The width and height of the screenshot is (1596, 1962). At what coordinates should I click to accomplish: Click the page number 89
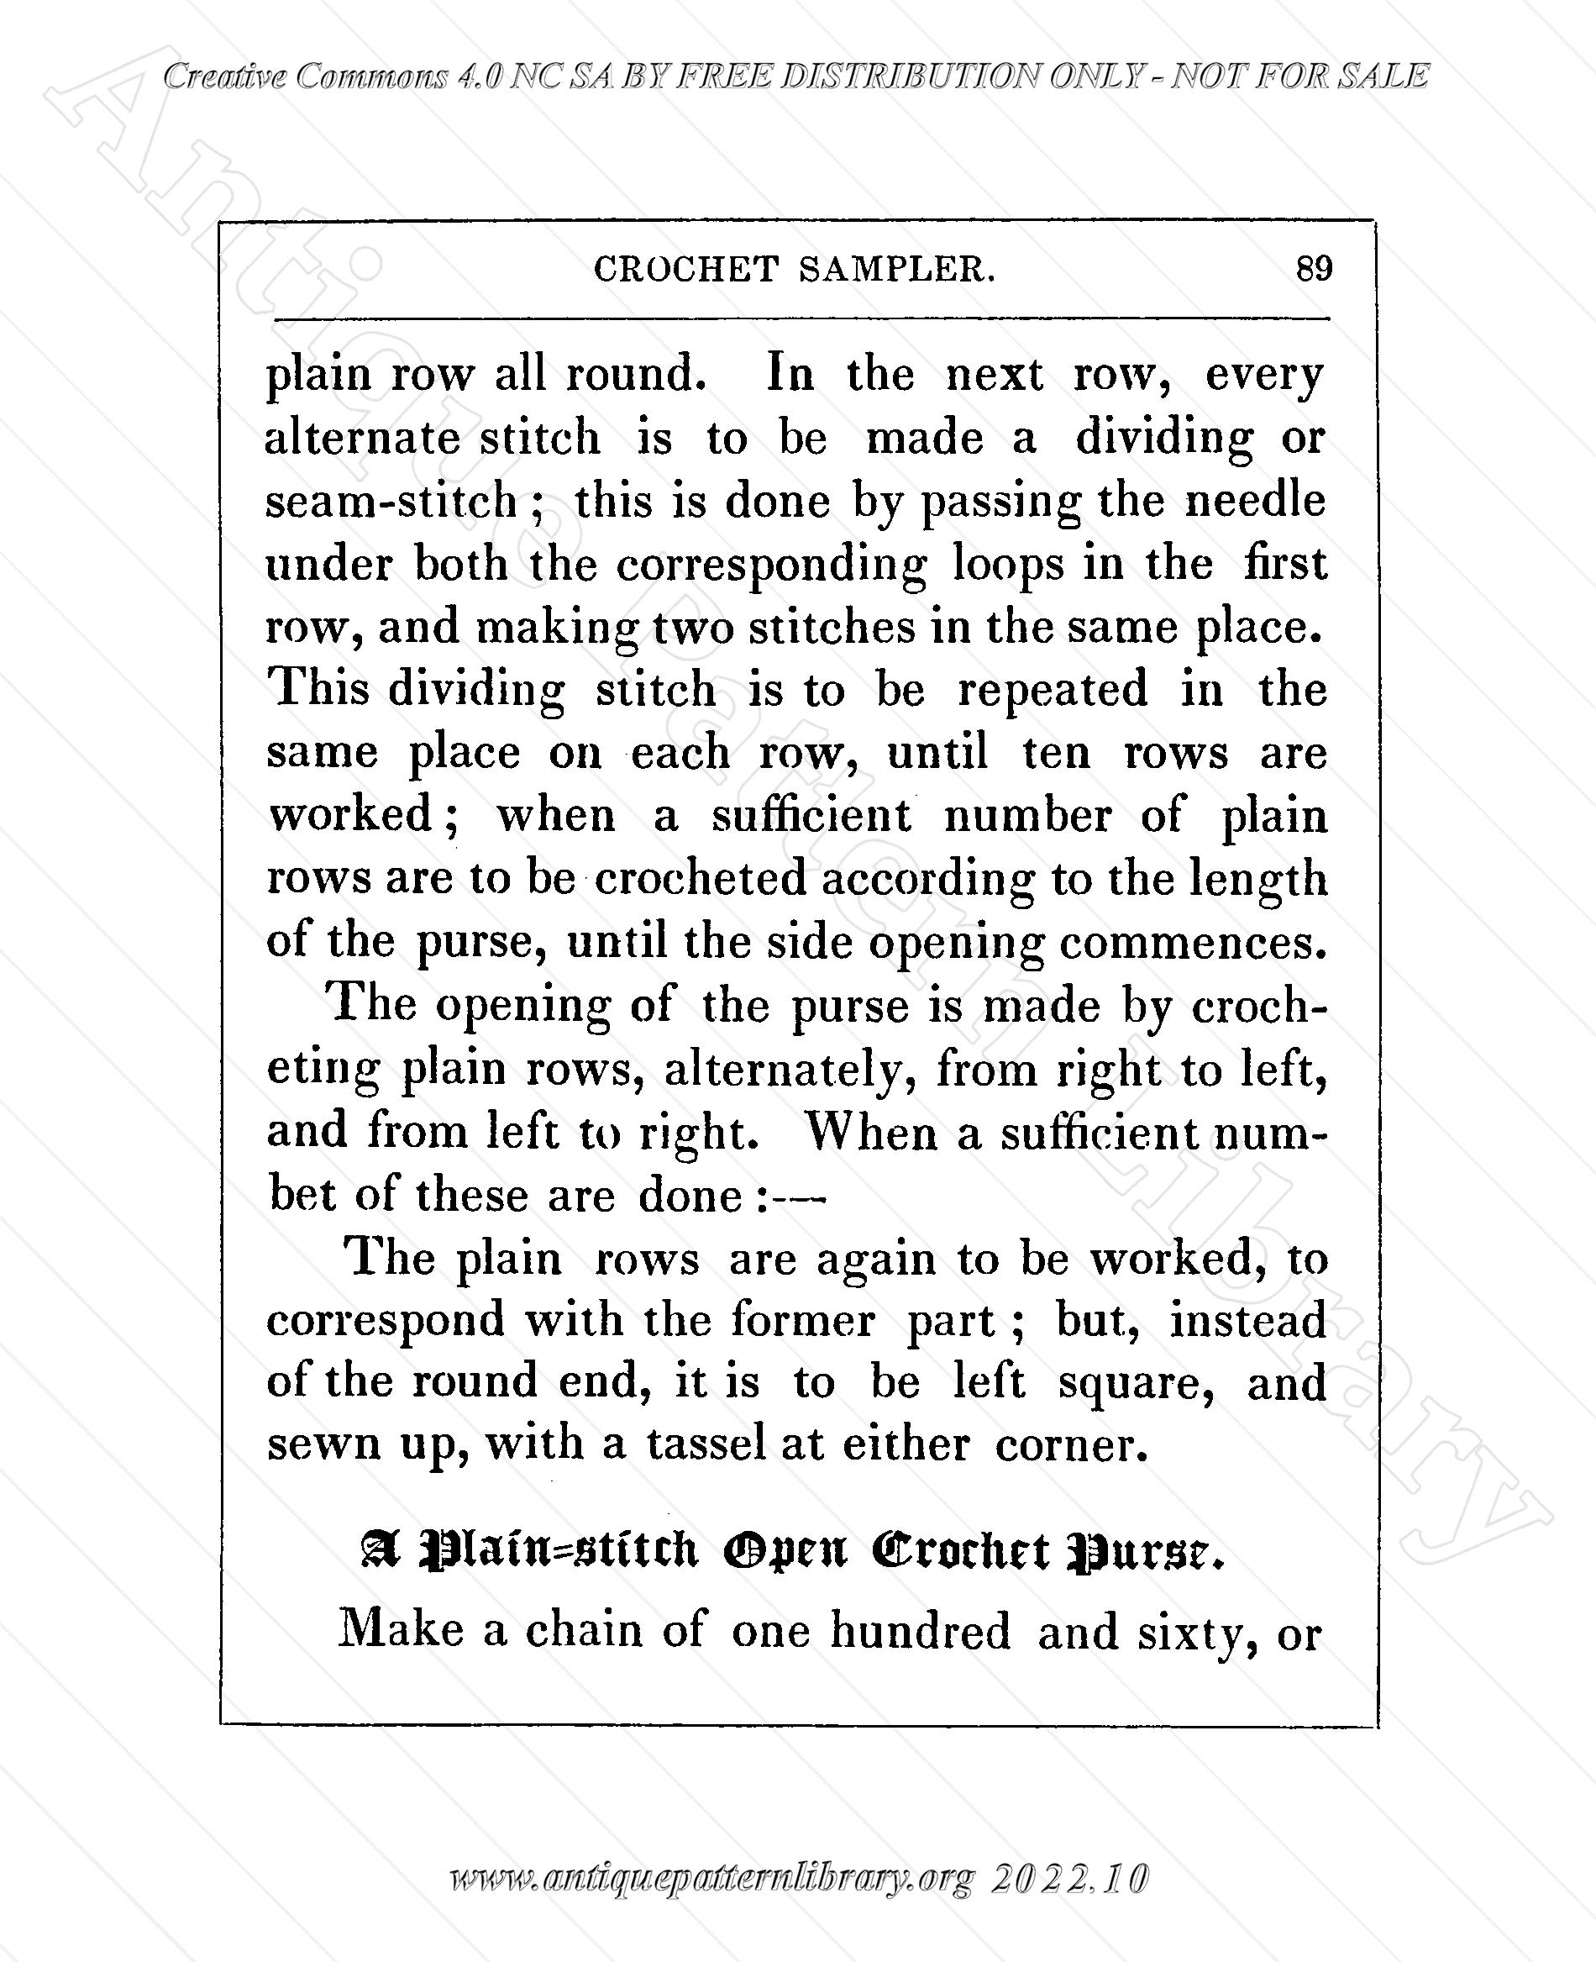(x=1314, y=269)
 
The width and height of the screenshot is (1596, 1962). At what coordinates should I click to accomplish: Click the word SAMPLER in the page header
(x=896, y=270)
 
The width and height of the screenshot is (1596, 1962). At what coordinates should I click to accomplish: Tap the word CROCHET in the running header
(x=685, y=270)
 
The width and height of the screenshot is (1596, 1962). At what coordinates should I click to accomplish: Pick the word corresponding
(x=770, y=565)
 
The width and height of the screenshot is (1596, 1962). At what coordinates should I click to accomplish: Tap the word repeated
(x=1053, y=690)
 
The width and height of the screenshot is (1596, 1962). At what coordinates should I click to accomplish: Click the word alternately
(x=790, y=1070)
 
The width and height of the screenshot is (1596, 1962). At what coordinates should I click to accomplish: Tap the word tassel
(x=706, y=1444)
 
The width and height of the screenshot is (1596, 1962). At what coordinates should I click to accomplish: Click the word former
(x=802, y=1321)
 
